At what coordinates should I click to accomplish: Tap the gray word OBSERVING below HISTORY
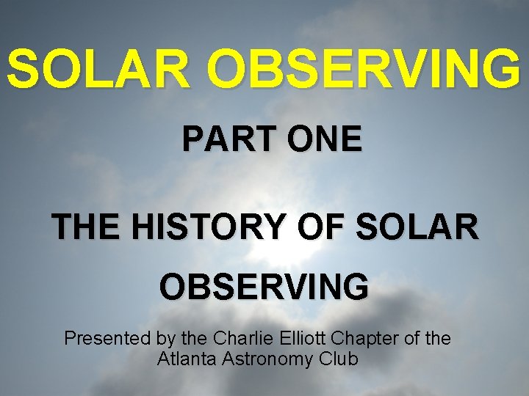click(x=264, y=287)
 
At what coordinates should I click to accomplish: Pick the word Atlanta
click(x=184, y=359)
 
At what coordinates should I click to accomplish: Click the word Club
click(x=339, y=359)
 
